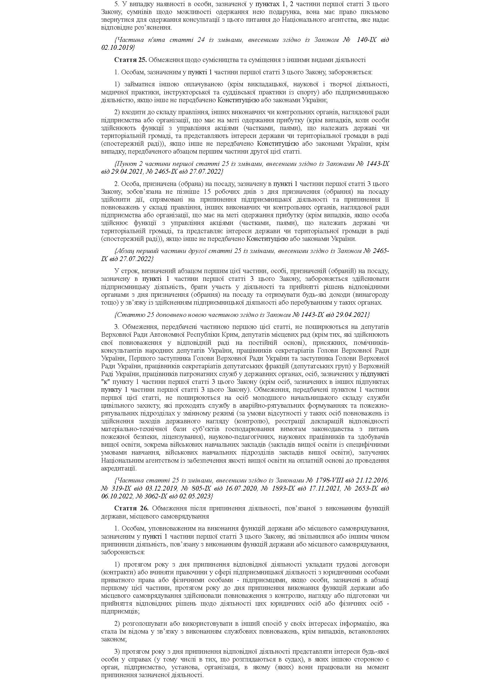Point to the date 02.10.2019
[x=118, y=48]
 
